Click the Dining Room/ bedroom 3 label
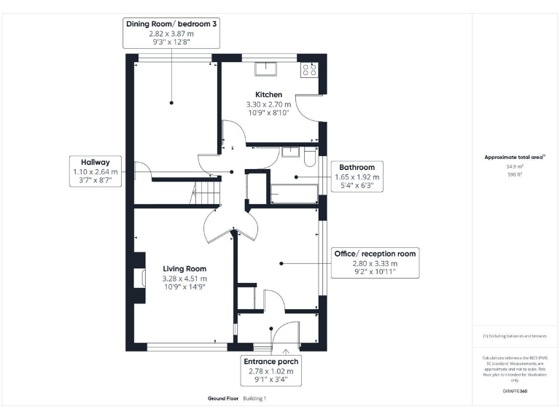171,24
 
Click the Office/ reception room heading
375,254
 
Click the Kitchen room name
268,95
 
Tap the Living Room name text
184,268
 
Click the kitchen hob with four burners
309,70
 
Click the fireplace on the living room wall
137,279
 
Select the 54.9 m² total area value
516,166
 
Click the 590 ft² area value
516,174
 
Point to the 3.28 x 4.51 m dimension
184,278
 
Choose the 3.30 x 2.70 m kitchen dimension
268,104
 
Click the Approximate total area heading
514,157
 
